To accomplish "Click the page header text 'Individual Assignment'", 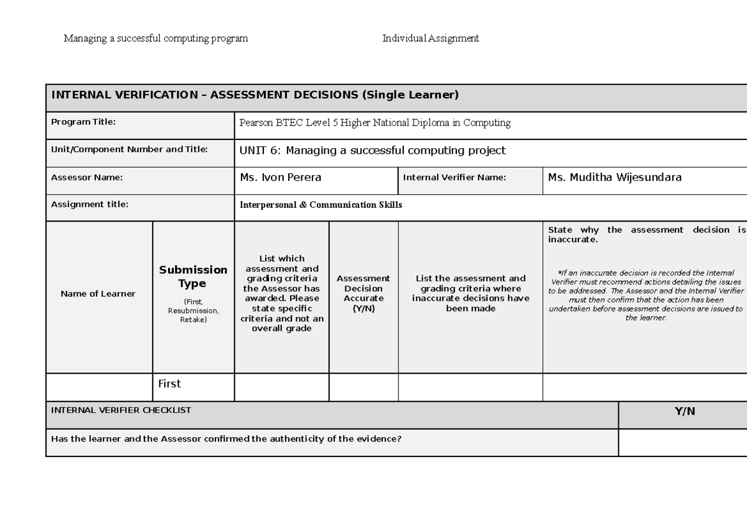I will [430, 39].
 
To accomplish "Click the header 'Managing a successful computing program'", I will [156, 39].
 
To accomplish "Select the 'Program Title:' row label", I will [83, 122].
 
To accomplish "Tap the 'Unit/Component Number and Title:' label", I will [129, 149].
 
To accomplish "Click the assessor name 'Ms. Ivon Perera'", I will [280, 177].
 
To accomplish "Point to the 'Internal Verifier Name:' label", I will [454, 177].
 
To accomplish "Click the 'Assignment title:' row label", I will [90, 204].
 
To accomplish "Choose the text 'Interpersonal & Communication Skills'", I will [321, 205].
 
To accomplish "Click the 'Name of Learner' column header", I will [98, 294].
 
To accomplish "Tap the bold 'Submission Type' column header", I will [193, 276].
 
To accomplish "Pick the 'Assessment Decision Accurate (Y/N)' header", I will [363, 293].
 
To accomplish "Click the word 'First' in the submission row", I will [169, 384].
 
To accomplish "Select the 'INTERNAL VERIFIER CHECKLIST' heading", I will [121, 410].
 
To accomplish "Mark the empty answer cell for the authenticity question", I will [682, 442].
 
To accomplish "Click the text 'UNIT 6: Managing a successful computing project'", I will [372, 150].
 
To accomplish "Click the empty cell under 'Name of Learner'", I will [99, 387].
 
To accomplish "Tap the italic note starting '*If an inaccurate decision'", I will [646, 295].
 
